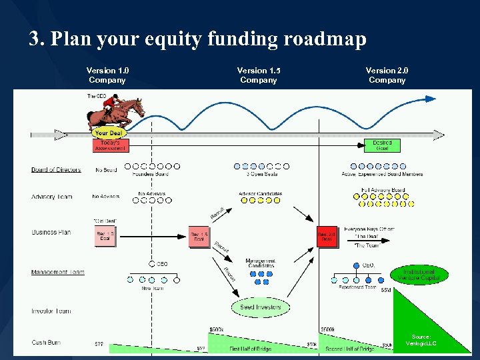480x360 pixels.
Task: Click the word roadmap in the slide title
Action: [x=325, y=39]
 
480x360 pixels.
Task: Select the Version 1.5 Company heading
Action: [x=258, y=75]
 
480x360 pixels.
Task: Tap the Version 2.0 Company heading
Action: [x=387, y=75]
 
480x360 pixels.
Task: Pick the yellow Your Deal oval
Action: [x=109, y=133]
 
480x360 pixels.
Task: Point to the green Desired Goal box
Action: [x=382, y=145]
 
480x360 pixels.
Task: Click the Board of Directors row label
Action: [x=56, y=170]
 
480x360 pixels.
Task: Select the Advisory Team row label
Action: [x=52, y=197]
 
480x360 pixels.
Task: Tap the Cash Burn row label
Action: [x=46, y=343]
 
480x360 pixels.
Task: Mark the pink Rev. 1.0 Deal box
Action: [x=105, y=237]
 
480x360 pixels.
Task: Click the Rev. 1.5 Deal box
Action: [x=199, y=237]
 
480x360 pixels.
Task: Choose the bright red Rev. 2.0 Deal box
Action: [x=327, y=237]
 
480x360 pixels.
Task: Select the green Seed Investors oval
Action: [x=261, y=307]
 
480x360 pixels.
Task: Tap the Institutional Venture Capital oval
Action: [x=419, y=275]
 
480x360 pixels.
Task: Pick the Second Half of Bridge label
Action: [x=350, y=349]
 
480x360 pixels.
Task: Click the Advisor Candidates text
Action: [x=260, y=194]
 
